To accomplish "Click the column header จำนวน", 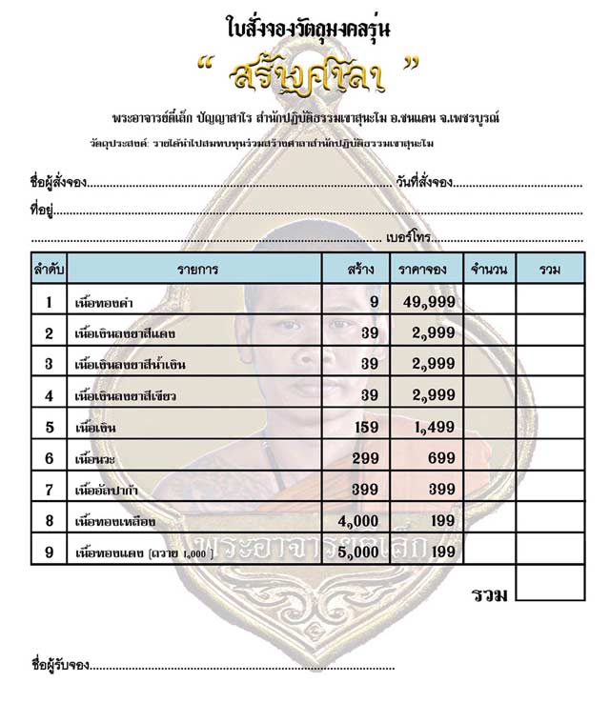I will click(489, 270).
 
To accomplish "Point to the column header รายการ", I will click(196, 270).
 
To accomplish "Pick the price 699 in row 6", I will click(440, 458).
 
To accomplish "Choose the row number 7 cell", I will click(48, 490).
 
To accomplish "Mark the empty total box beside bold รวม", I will click(550, 583).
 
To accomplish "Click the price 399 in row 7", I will click(440, 490).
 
